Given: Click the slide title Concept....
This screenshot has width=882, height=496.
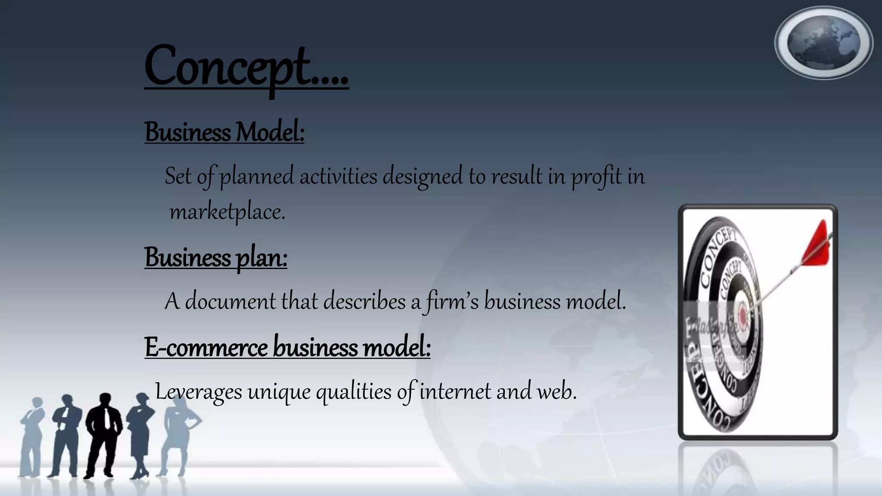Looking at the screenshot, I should click(245, 67).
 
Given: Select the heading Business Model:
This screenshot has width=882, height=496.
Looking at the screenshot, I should click(224, 132).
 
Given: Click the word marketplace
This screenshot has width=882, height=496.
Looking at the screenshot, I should click(227, 212).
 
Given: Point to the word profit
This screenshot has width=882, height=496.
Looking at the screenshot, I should click(596, 177).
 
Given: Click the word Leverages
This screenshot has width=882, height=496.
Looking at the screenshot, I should click(199, 392).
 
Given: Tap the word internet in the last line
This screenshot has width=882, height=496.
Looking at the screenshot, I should click(455, 391).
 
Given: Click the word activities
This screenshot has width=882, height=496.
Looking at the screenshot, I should click(339, 177).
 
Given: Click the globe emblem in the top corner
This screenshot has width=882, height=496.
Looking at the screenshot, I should click(823, 43).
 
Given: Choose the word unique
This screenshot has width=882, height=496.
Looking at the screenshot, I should click(279, 392).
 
